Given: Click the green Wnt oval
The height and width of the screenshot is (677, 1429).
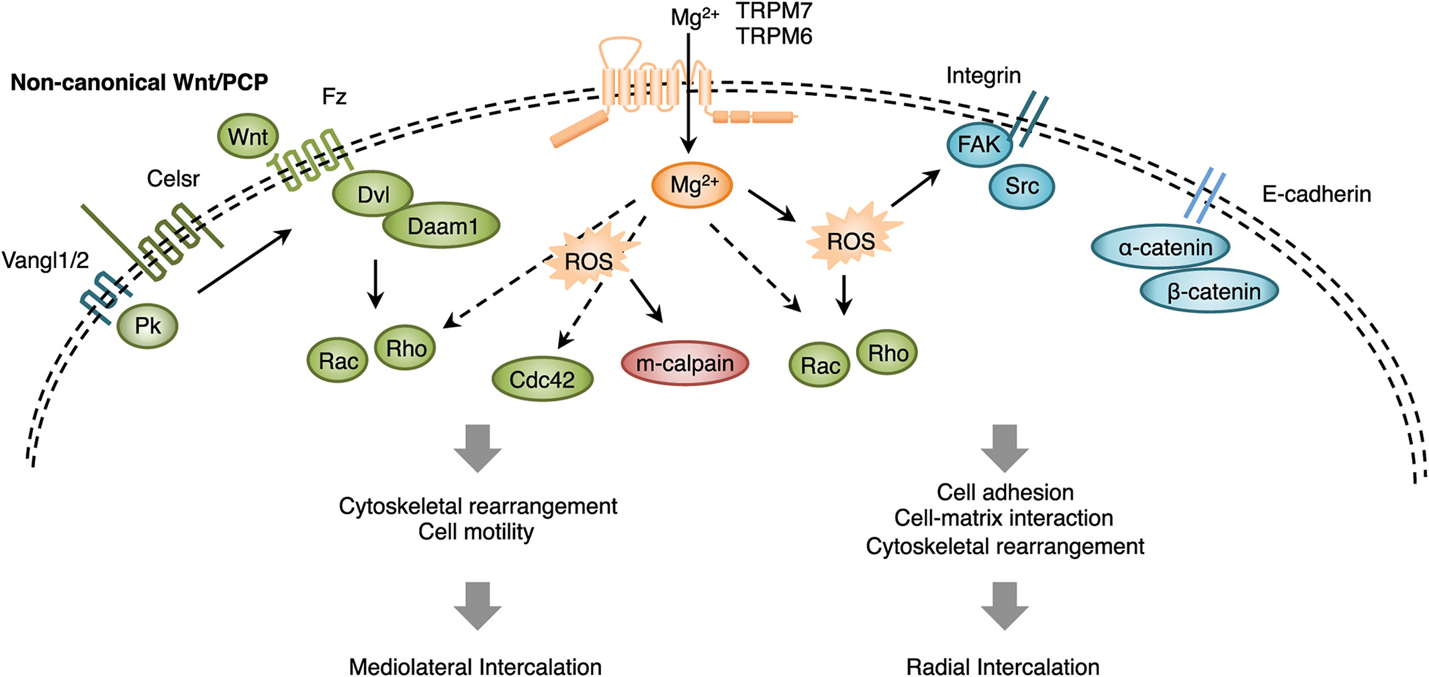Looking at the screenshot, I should coord(248,136).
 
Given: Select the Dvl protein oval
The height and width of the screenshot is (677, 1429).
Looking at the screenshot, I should coord(373,194).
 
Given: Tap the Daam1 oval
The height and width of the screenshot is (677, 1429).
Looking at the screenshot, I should coord(442,226).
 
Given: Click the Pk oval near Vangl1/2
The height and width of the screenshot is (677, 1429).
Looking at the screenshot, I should coord(148,326).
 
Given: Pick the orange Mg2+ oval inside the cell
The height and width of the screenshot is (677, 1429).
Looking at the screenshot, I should coord(692,185).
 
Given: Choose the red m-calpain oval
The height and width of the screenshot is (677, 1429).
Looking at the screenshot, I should coord(684,363).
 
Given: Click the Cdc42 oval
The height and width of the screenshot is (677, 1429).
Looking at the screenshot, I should coord(543,379).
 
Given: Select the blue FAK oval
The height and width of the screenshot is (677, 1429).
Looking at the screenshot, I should coord(979,144).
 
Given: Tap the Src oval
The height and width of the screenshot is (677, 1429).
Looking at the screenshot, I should coord(1021,186).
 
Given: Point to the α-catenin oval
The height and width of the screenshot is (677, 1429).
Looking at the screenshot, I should coord(1161,247).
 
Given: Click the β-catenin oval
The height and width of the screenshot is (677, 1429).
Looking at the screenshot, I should coord(1209,291).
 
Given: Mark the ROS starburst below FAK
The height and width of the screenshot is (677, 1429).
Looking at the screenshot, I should coord(851,240).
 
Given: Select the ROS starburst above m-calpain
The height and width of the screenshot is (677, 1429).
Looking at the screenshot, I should coord(589,261).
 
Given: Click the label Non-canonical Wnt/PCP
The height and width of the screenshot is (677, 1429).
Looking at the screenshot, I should coord(139,83).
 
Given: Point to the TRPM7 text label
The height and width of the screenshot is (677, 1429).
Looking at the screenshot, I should coord(774,11).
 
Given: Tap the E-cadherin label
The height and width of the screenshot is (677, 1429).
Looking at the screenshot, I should coord(1316,194).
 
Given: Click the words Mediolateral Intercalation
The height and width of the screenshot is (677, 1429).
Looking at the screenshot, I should coord(475,666).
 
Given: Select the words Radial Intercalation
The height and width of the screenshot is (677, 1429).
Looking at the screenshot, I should coord(1003,666).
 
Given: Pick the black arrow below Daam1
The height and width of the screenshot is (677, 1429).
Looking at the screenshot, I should coord(375,283).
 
